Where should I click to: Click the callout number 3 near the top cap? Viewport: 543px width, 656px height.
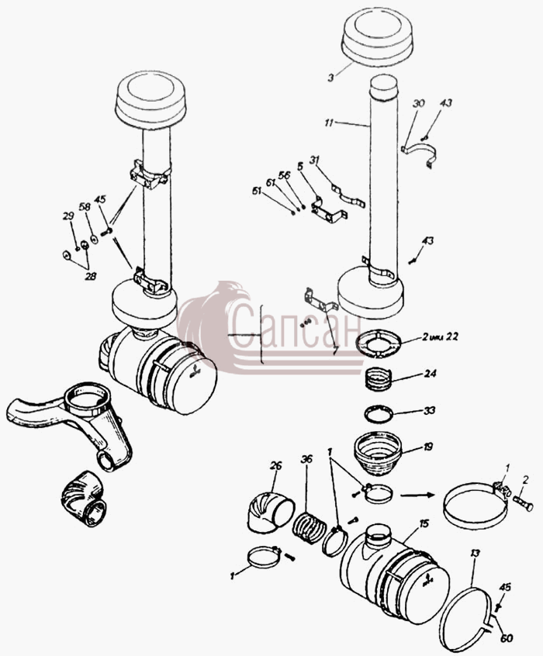[x=330, y=78]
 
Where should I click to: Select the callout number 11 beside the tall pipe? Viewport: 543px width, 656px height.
[x=329, y=123]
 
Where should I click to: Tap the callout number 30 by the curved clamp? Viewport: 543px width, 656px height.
[x=418, y=103]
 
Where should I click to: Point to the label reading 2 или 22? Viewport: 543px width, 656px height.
[x=440, y=336]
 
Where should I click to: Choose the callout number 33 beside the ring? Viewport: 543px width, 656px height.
[x=430, y=410]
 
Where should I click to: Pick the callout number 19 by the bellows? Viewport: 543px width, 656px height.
[x=427, y=447]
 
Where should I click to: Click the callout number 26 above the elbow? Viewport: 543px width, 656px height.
[x=276, y=466]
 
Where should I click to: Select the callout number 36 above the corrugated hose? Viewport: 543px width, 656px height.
[x=306, y=459]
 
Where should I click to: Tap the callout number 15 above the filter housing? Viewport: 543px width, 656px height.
[x=424, y=523]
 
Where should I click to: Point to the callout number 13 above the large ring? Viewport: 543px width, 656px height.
[x=475, y=554]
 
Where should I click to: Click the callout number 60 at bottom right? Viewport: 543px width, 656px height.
[x=507, y=638]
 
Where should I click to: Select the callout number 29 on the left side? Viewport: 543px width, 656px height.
[x=68, y=216]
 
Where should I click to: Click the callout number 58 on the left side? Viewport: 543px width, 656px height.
[x=85, y=207]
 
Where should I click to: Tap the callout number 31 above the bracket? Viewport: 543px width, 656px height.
[x=315, y=160]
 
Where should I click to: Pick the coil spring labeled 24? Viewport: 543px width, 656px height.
[x=379, y=378]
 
